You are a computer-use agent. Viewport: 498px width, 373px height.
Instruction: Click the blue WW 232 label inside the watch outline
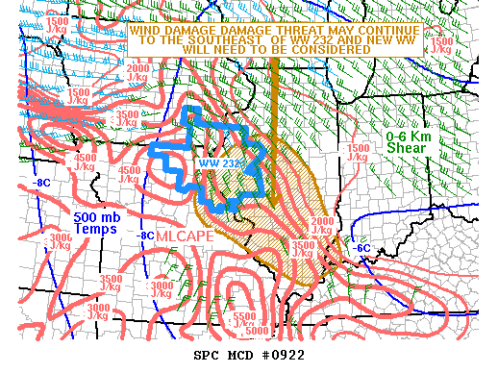pos(219,162)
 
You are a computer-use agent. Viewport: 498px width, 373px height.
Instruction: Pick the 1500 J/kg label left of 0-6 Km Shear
pos(359,153)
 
